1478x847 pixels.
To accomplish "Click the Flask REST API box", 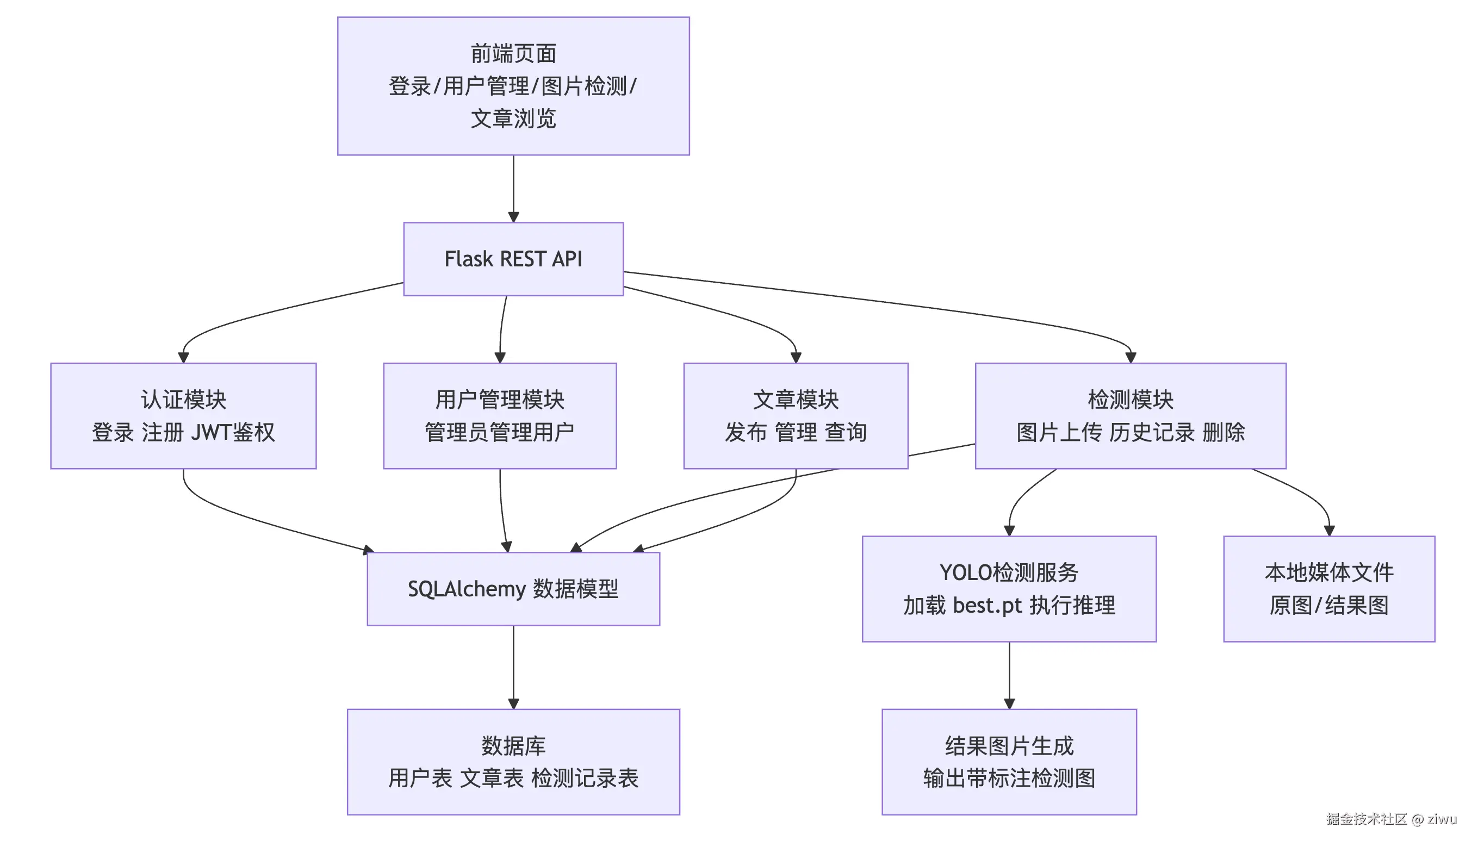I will (513, 259).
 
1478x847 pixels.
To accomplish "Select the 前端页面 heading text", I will (513, 53).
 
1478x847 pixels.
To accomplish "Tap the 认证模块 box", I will (183, 415).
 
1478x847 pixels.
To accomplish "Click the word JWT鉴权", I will (233, 432).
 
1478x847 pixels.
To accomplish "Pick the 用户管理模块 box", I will (499, 415).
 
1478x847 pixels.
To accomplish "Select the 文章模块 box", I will (796, 415).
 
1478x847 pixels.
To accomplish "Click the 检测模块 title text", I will (1130, 400).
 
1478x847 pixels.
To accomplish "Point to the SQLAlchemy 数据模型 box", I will (513, 589).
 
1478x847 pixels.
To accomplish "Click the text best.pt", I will (987, 606).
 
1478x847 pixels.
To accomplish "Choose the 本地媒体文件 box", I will (1328, 589).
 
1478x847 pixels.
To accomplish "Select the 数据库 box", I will (513, 762).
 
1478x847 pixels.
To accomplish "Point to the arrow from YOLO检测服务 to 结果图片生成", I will (1009, 675).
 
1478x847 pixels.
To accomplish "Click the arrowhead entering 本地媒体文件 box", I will (1329, 530).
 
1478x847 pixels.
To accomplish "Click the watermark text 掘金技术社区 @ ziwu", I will (1390, 819).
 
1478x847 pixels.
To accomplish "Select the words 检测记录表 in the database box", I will (585, 779).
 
